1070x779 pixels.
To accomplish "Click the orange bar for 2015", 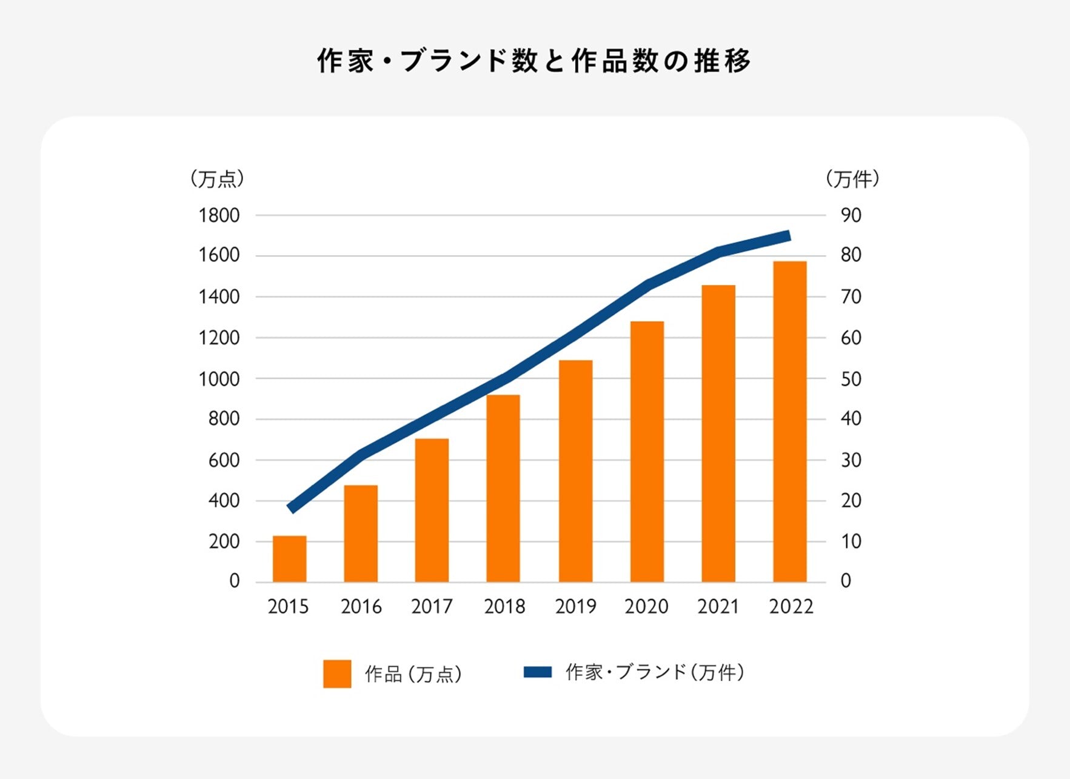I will point(289,559).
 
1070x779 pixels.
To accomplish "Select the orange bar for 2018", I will point(503,489).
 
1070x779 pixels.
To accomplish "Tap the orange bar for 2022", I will point(789,422).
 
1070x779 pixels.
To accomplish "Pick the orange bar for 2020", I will point(647,452).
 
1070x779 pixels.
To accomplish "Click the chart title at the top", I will point(534,61).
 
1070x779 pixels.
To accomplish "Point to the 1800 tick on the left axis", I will point(219,215).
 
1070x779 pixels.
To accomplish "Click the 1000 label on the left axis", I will point(219,379).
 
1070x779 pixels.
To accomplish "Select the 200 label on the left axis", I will point(224,541).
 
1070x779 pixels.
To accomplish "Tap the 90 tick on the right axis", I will point(851,215).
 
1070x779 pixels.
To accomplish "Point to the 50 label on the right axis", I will point(851,379).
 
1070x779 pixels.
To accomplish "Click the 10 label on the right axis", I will point(851,541).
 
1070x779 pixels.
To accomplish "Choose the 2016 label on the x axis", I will point(361,606).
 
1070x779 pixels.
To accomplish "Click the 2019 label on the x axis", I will point(575,606).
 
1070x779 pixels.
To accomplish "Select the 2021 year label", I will point(718,606).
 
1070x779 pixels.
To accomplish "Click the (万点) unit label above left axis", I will point(217,179).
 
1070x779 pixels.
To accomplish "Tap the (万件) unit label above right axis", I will point(852,179).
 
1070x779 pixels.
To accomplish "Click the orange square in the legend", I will point(337,674).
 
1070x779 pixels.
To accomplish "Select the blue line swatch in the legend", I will point(537,672).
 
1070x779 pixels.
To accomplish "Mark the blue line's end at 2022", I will point(788,236).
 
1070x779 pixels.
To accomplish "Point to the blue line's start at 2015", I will point(292,508).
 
